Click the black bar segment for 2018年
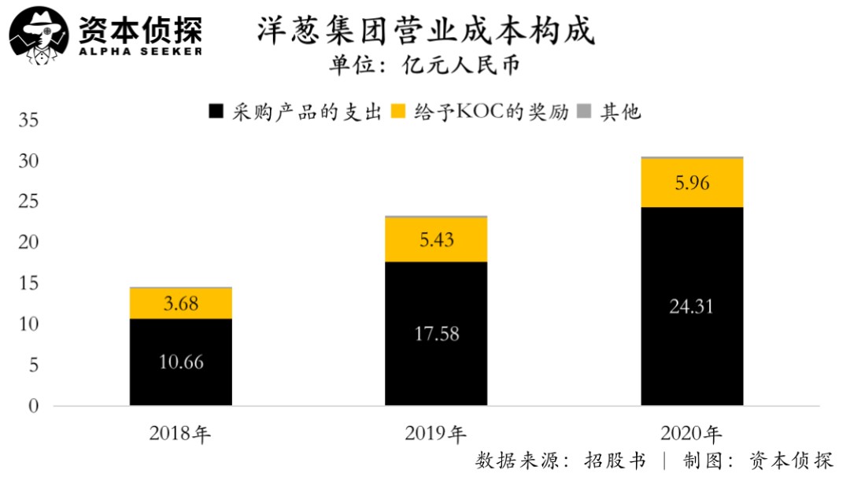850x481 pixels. point(181,362)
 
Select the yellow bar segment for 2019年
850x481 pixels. point(436,239)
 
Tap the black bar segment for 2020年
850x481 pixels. point(692,306)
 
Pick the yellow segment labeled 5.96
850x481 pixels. point(692,183)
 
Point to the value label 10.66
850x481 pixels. point(181,363)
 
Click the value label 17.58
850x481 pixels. point(436,334)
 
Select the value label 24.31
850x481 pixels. point(692,306)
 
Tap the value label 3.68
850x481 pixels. point(181,302)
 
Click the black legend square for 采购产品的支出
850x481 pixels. point(216,112)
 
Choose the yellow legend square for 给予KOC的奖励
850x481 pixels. point(399,112)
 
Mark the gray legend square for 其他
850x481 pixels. point(585,112)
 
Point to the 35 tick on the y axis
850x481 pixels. point(28,121)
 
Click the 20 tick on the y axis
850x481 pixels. point(28,243)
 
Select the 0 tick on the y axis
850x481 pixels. point(34,406)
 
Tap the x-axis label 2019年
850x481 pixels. point(436,433)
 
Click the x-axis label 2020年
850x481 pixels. point(692,433)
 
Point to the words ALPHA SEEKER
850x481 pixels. point(140,51)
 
